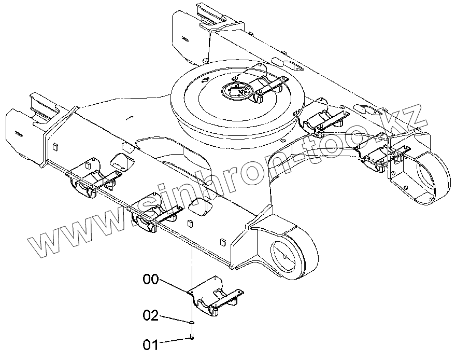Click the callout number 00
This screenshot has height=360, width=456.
point(151,280)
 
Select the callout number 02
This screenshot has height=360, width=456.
point(151,315)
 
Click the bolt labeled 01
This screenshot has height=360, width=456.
point(192,338)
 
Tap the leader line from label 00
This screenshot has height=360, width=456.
point(174,285)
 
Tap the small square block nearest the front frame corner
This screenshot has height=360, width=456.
point(223,241)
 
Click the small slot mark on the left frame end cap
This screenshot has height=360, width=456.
point(18,134)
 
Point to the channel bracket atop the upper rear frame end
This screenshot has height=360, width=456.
point(212,16)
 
